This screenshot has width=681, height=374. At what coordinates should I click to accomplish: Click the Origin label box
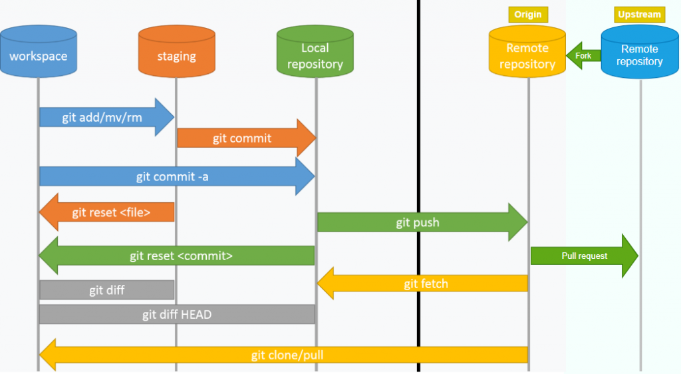528,14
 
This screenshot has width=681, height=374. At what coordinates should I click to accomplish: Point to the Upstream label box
639,14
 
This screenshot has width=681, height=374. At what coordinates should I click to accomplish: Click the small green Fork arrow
583,56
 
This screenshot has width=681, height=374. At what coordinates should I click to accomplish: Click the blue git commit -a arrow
176,176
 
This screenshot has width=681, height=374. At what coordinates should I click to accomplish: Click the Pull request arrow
584,256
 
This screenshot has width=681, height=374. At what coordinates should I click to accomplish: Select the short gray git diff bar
107,289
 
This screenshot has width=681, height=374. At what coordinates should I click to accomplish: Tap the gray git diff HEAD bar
177,314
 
